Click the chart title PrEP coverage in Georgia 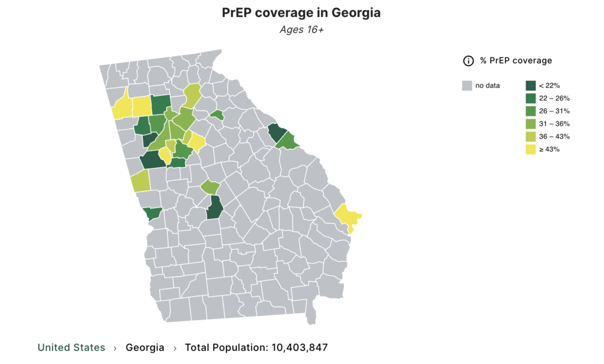coord(301,13)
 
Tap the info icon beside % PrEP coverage coord(468,60)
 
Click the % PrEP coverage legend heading coord(516,60)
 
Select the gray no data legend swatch coord(467,86)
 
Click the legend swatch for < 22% coord(530,86)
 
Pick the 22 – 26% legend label coord(554,99)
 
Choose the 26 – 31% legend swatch coord(530,111)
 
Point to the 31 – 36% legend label coord(554,124)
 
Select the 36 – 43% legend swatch coord(530,136)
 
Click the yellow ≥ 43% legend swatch coord(530,149)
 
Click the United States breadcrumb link coord(71,347)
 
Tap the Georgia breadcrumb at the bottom coord(145,347)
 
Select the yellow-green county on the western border coord(140,181)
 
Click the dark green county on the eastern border coord(275,132)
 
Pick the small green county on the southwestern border coord(153,213)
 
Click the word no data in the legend coord(488,86)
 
